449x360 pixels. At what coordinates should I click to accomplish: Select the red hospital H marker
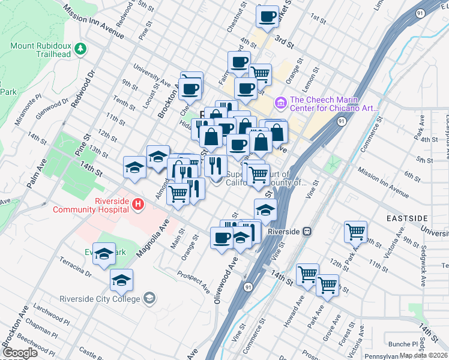(x=139, y=205)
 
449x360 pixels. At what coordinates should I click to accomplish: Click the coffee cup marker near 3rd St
(x=267, y=16)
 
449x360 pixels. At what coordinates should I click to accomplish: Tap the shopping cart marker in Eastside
(x=355, y=231)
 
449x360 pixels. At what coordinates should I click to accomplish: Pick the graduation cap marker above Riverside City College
(x=121, y=280)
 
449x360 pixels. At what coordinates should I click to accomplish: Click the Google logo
(x=20, y=353)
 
